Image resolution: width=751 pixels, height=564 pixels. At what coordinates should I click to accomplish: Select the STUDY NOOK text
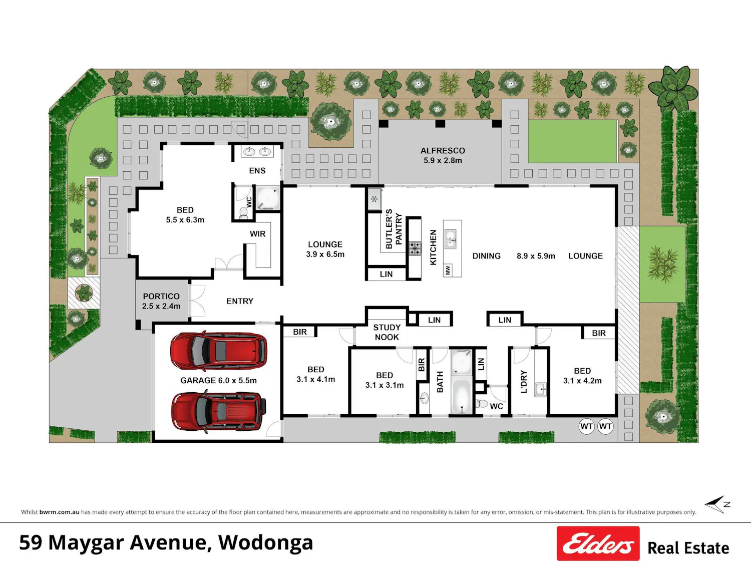coord(387,332)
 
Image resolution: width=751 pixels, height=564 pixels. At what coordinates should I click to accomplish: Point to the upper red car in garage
coord(218,351)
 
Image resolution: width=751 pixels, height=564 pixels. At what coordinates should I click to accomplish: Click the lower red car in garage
coord(218,411)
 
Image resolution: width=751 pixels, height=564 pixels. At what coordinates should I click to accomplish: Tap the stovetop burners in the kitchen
coord(415,248)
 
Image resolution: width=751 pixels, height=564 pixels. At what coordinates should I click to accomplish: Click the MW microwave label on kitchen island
coord(448,270)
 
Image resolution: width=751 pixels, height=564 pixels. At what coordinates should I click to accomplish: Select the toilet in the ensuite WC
coord(243,212)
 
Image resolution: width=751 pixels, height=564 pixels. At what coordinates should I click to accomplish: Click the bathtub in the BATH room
coord(461,396)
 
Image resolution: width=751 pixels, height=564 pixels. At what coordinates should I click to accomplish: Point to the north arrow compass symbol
coord(717,504)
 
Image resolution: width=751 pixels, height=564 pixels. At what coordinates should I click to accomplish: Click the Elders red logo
coord(598,543)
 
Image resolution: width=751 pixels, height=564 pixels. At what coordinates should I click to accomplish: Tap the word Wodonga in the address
coord(265,542)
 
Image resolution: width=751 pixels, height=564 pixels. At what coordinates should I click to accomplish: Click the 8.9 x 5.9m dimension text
coord(536,256)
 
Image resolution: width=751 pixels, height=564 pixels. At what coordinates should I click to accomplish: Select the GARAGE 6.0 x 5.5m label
coord(218,380)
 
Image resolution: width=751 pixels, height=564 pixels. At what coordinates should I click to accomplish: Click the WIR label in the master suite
coord(257,234)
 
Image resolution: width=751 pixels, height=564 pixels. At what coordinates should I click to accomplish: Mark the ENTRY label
coord(240,301)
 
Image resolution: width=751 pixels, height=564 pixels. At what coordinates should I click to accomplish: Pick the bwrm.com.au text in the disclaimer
coord(59,512)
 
